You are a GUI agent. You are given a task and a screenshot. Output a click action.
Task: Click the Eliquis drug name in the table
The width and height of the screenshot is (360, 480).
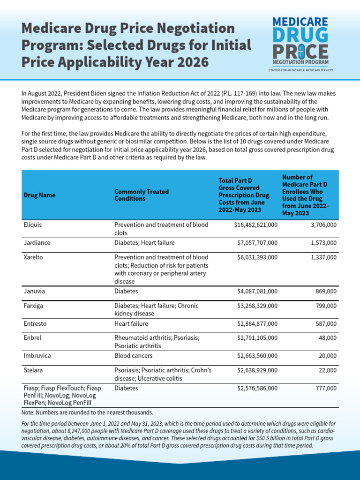click(33, 225)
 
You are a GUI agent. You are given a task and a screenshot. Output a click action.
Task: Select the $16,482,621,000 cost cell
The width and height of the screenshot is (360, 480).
click(255, 225)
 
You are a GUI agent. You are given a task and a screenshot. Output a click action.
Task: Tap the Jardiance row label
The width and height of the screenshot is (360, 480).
click(37, 243)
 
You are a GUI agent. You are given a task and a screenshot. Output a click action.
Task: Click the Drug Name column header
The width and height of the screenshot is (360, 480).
click(39, 195)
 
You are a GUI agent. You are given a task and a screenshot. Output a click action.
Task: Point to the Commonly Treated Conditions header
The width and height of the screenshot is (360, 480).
click(142, 195)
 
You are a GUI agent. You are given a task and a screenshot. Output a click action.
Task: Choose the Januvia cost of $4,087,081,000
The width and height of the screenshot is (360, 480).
click(257, 291)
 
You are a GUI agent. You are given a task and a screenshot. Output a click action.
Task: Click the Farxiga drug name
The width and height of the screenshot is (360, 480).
click(34, 306)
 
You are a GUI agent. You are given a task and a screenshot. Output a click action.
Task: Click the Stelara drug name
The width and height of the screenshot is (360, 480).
click(34, 370)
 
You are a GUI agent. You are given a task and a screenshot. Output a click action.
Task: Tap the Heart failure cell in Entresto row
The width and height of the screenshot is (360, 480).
click(131, 323)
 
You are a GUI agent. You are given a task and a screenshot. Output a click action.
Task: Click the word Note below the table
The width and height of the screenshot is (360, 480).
click(29, 412)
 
